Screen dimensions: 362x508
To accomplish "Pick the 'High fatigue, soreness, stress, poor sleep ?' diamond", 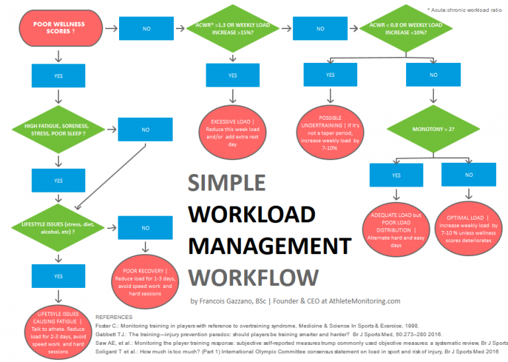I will tap(59, 130).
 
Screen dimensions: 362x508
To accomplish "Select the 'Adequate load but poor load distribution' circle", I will tap(394, 227).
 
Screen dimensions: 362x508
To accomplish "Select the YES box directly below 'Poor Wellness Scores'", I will tap(59, 75).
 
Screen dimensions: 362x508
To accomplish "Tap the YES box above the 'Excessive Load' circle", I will tap(233, 75).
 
